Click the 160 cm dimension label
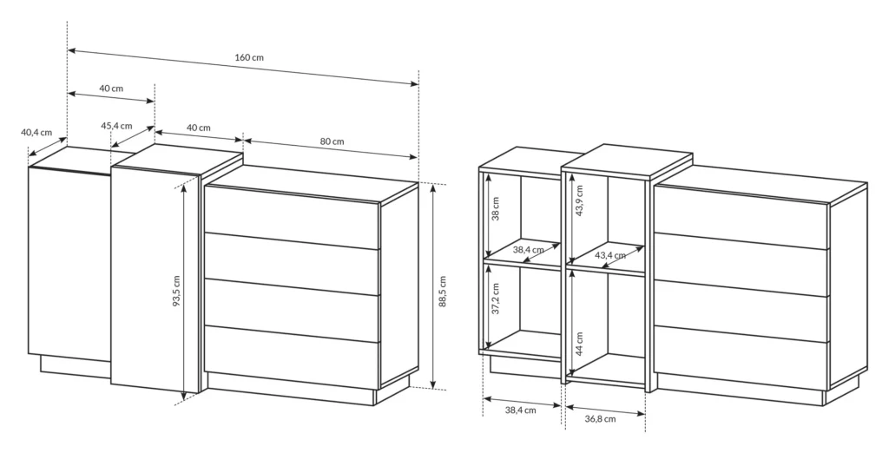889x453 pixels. (249, 57)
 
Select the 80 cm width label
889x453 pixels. (333, 141)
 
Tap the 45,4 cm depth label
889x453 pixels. (116, 126)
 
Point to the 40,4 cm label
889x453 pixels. (36, 133)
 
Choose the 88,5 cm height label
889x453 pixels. (443, 292)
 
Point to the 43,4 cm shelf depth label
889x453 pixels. (610, 255)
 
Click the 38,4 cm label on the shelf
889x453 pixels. (528, 250)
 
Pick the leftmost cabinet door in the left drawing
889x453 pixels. (69, 260)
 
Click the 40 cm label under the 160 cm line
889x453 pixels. (110, 89)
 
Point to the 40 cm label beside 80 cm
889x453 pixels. (199, 128)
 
